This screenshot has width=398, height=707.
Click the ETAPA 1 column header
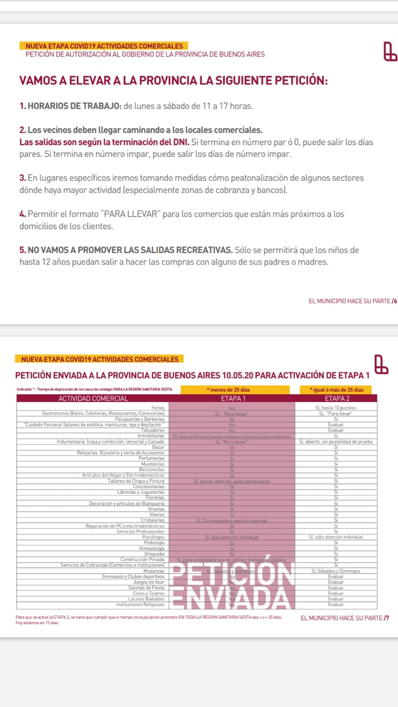pyautogui.click(x=233, y=398)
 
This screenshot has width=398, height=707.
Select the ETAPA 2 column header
pyautogui.click(x=336, y=398)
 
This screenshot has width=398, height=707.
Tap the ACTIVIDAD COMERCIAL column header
pyautogui.click(x=93, y=398)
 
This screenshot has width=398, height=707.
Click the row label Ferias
pyautogui.click(x=158, y=408)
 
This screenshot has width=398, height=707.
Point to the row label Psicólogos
pyautogui.click(x=153, y=537)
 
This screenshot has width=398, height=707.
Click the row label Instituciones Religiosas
pyautogui.click(x=140, y=605)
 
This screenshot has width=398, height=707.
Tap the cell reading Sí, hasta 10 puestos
pyautogui.click(x=336, y=408)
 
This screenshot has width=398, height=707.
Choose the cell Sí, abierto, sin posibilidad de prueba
pyautogui.click(x=336, y=442)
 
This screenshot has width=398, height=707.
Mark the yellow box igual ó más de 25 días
pyautogui.click(x=336, y=390)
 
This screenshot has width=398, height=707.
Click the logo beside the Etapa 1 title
pyautogui.click(x=381, y=365)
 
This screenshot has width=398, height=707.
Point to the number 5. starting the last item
pyautogui.click(x=23, y=250)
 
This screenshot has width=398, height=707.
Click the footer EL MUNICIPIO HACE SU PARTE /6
pyautogui.click(x=353, y=301)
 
